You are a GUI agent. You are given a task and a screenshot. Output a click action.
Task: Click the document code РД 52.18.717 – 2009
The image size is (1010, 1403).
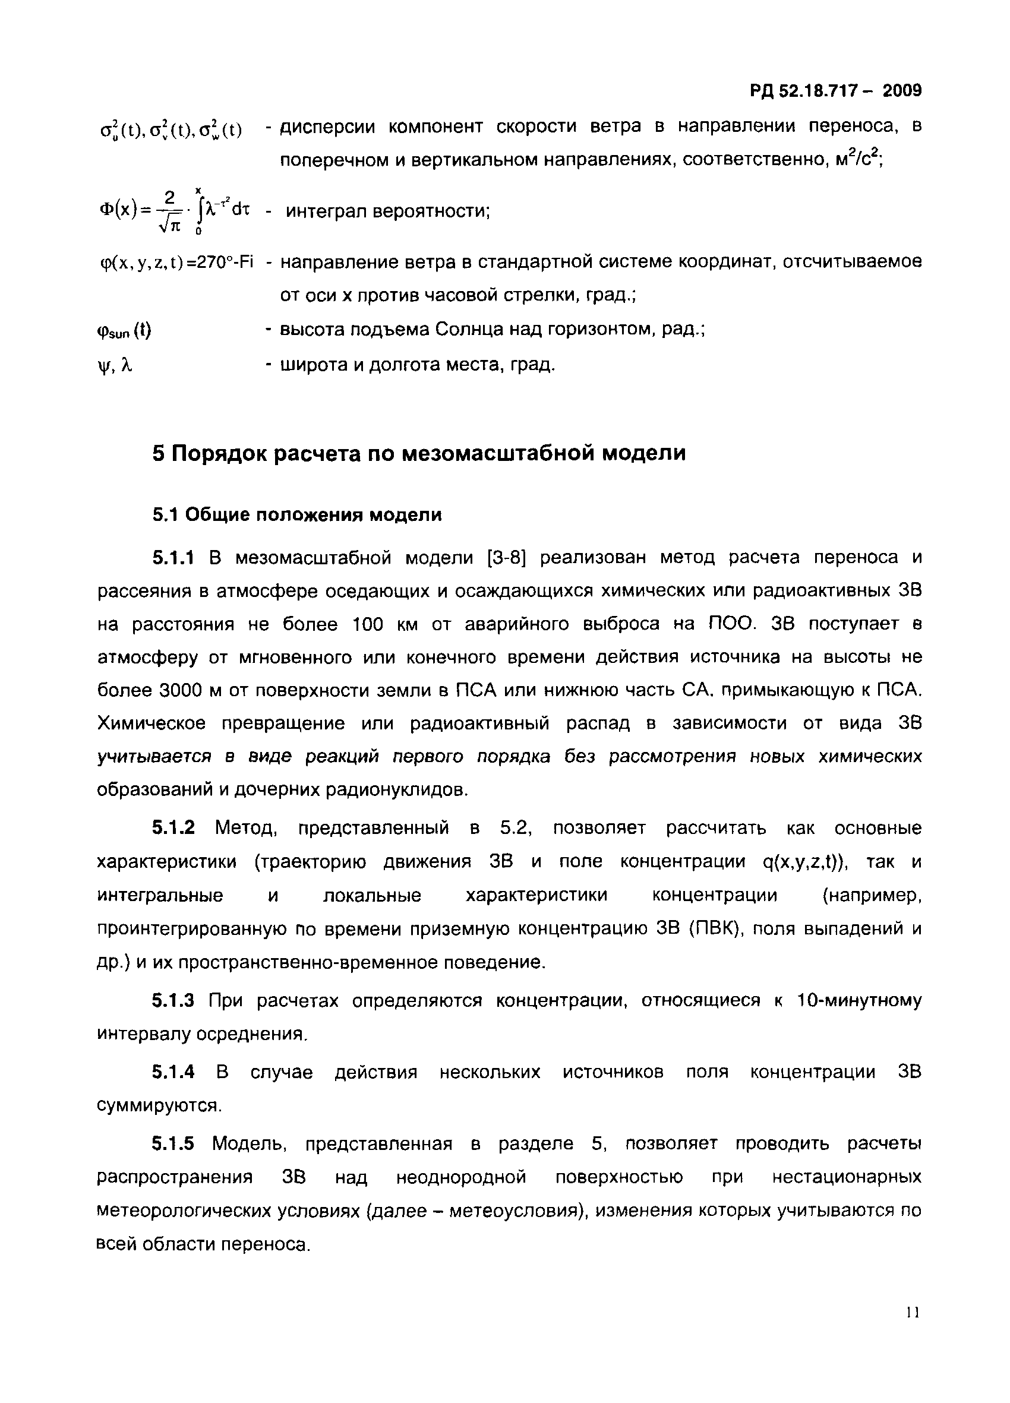click(x=835, y=91)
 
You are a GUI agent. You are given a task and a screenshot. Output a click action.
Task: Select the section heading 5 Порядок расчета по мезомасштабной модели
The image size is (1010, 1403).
click(x=419, y=453)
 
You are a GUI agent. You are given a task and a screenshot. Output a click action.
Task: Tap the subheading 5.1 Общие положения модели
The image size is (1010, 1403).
click(x=297, y=514)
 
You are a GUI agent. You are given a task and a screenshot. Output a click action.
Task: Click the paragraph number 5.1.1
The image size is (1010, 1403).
click(x=173, y=558)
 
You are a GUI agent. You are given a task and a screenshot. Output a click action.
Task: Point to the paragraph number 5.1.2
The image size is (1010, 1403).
click(x=173, y=827)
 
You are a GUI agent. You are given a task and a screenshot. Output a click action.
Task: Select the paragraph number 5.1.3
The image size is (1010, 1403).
click(x=173, y=1000)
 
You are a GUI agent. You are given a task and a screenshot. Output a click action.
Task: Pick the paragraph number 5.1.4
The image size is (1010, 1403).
click(x=173, y=1072)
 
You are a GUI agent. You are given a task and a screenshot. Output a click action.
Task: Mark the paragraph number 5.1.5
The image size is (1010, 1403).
click(x=173, y=1144)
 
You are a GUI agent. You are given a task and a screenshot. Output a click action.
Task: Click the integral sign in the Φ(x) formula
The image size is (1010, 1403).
click(x=199, y=212)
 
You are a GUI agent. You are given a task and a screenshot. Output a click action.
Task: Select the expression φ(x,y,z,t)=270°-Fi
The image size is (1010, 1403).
click(x=176, y=263)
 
